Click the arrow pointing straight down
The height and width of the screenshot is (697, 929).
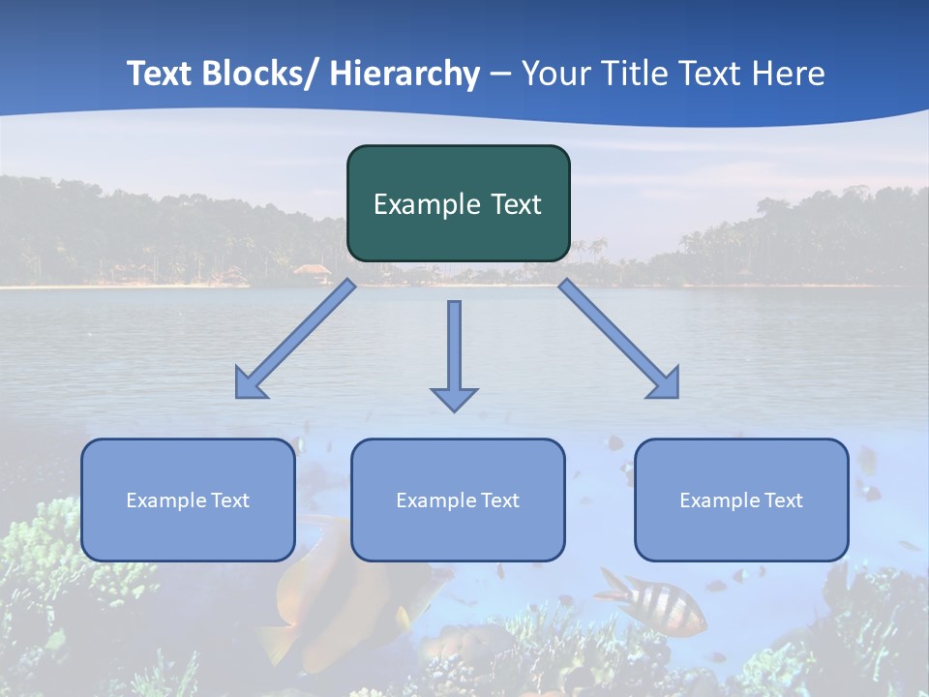[454, 353]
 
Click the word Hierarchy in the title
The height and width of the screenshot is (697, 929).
[405, 74]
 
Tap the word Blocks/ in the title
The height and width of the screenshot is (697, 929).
[258, 74]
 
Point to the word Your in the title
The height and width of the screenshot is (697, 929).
[554, 74]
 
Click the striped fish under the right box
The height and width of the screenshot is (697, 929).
[654, 601]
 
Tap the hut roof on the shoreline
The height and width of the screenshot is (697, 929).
[312, 270]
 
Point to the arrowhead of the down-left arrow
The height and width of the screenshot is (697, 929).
[251, 383]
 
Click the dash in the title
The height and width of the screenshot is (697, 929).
[500, 74]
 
